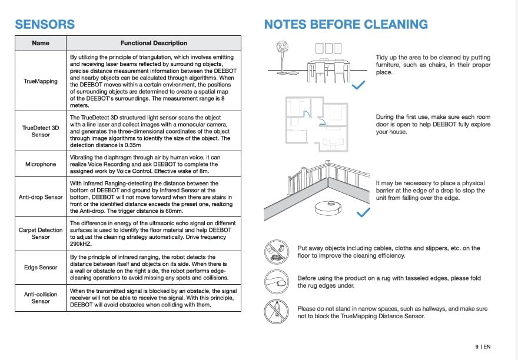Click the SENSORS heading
pos(45,24)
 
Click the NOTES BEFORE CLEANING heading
pos(346,24)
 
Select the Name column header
pos(41,43)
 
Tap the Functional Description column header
pos(154,43)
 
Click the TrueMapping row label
pos(41,81)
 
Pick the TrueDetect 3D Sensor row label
pos(41,131)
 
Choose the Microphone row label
pos(41,164)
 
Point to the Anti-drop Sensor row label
pos(41,196)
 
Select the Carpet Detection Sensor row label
pos(41,234)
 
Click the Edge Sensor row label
pos(41,268)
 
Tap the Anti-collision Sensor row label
pos(41,297)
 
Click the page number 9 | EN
pos(483,347)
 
